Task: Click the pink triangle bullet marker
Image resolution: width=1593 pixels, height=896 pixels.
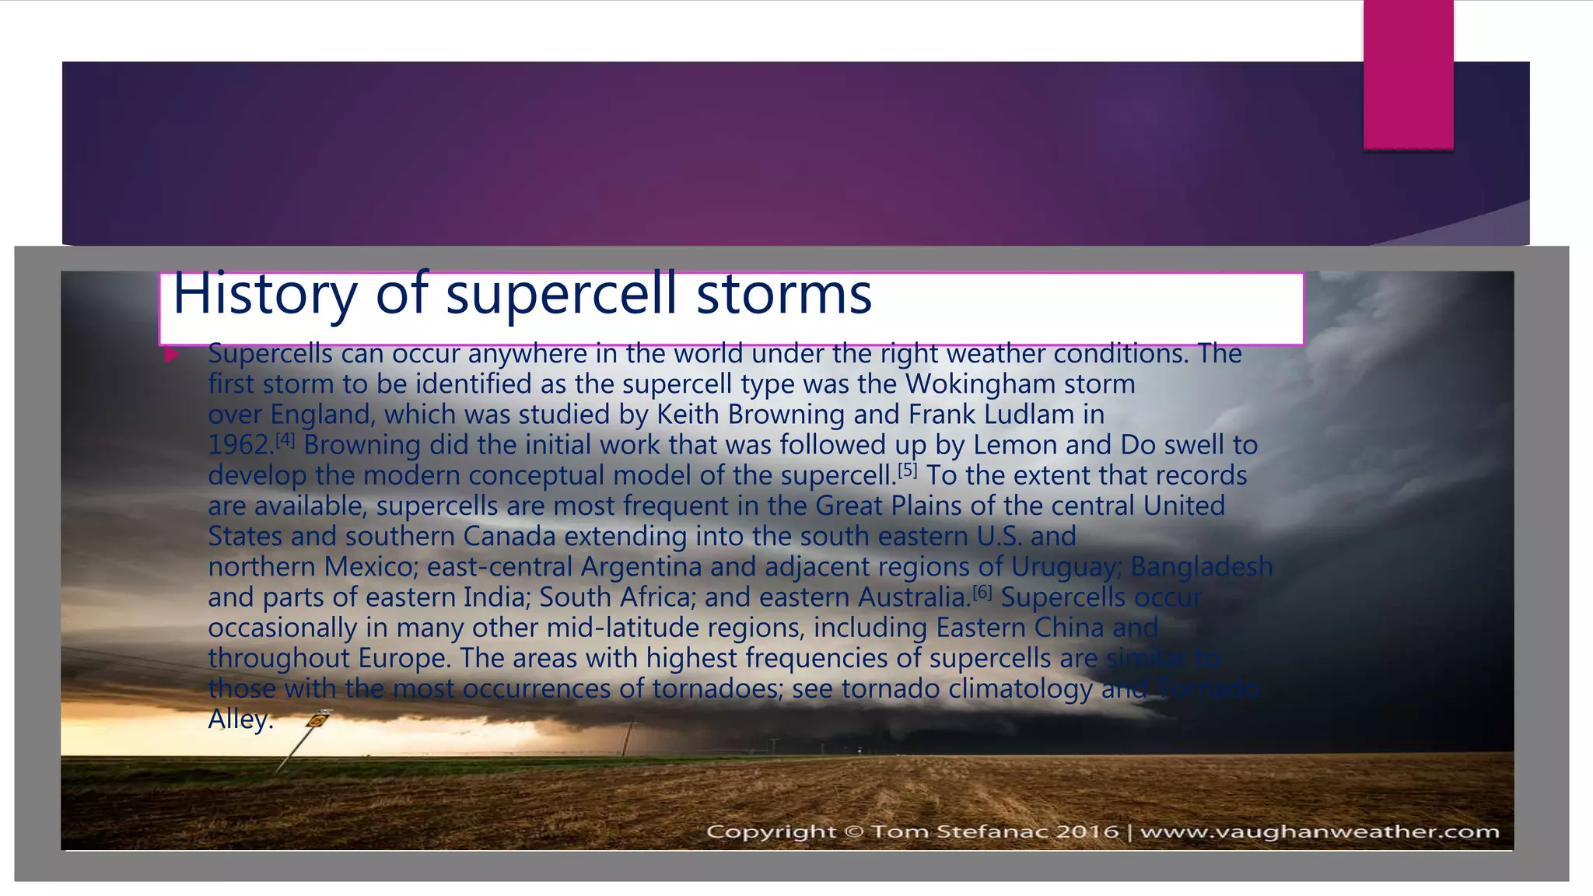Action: tap(172, 355)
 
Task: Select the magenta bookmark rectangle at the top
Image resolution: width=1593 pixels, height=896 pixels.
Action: tap(1408, 74)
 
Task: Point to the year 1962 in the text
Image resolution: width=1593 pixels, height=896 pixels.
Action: tap(239, 445)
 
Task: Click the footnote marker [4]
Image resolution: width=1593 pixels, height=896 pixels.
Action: tap(285, 439)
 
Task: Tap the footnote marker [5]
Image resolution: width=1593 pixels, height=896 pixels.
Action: tap(908, 470)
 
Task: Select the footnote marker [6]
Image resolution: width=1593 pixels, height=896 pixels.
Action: tap(982, 592)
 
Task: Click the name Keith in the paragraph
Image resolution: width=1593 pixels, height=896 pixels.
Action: tap(688, 415)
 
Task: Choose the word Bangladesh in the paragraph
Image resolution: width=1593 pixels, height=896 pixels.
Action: tap(1201, 566)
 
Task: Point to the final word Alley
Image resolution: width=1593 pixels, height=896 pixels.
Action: tap(240, 719)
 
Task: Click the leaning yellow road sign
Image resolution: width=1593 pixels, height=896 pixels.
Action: tap(317, 720)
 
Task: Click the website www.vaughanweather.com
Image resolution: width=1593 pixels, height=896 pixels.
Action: tap(1319, 831)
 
